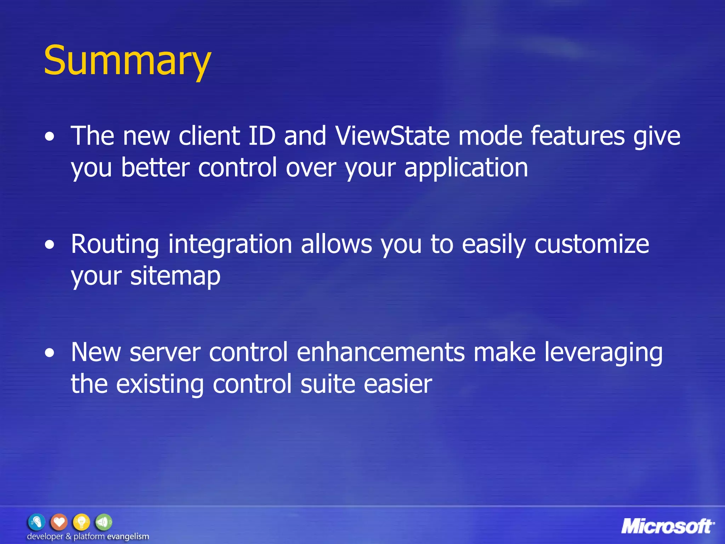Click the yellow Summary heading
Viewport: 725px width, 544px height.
point(127,61)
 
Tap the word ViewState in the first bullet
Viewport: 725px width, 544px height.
point(392,136)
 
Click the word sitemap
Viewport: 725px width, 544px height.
point(175,276)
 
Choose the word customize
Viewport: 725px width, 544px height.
point(592,244)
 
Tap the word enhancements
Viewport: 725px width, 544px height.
point(381,353)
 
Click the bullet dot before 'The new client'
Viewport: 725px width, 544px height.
point(50,137)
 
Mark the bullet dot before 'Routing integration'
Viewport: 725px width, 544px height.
point(50,245)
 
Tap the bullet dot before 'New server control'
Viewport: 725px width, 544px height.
point(50,353)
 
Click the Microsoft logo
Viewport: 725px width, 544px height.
point(667,527)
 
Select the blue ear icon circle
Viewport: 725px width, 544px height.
point(36,522)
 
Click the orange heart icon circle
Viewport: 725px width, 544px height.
point(59,522)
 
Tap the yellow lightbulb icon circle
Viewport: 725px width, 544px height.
point(81,522)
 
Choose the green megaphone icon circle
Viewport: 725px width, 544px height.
point(103,522)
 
